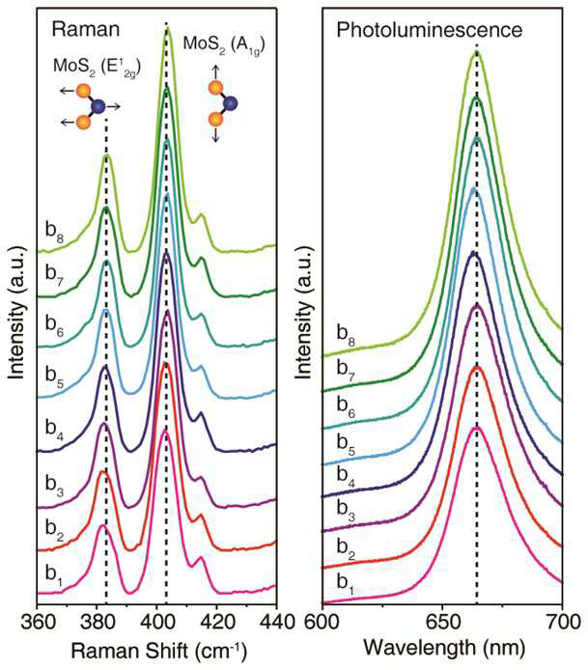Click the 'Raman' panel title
coord(86,30)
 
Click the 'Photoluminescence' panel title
coord(429,30)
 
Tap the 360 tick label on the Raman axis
coord(38,622)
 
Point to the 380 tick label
coord(98,622)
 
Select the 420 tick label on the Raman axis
coord(217,622)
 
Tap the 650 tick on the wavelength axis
coord(442,622)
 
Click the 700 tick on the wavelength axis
coord(562,622)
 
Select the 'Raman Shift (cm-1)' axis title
coord(158,650)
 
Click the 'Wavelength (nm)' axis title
coord(444,648)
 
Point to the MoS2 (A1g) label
coord(224,44)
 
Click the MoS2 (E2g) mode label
coord(97,68)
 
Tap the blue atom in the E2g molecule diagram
coord(98,106)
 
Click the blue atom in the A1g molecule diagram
coord(231,103)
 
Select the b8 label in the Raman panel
coord(55,232)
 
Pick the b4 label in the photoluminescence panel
coord(346,476)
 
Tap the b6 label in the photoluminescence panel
coord(346,405)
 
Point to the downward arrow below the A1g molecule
coord(216,134)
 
